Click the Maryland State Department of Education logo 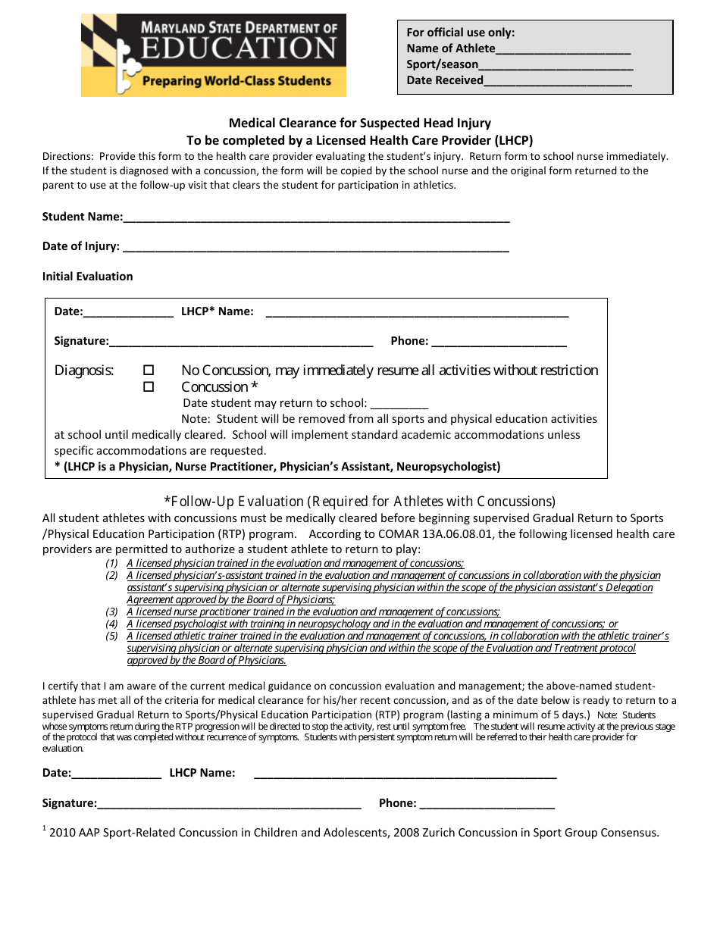214,55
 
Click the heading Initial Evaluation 87,277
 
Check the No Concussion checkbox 149,371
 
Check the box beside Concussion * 149,387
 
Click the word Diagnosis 84,371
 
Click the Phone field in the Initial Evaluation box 499,342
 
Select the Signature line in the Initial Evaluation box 241,342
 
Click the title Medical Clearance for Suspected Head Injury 360,123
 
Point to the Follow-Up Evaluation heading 360,502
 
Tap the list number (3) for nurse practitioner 111,612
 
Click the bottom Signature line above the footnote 229,805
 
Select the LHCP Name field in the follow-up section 405,774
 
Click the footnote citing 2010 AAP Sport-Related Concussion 353,833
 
